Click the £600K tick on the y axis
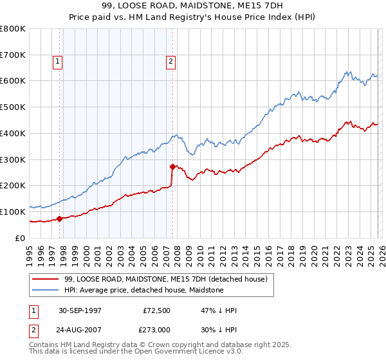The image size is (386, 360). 13,81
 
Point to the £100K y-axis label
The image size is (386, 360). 13,212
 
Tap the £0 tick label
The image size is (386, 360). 21,238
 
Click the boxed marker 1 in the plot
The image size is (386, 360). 57,62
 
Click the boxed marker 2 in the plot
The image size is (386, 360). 170,62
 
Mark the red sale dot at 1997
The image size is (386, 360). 60,219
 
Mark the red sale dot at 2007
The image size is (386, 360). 172,166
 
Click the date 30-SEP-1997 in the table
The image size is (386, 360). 80,310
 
